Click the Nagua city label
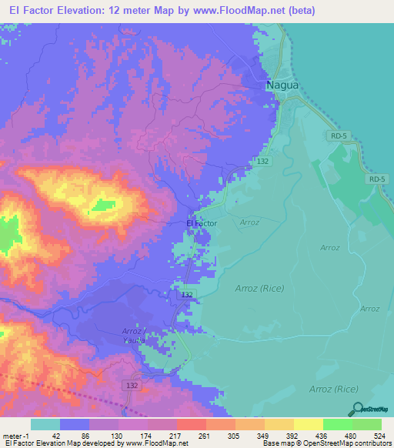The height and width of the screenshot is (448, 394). pos(282,85)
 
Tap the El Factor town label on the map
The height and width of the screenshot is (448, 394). pos(202,223)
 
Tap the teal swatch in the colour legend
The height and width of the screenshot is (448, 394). pos(45,424)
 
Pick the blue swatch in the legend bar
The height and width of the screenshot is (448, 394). pos(75,424)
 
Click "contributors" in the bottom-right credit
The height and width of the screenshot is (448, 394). pos(372,444)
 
